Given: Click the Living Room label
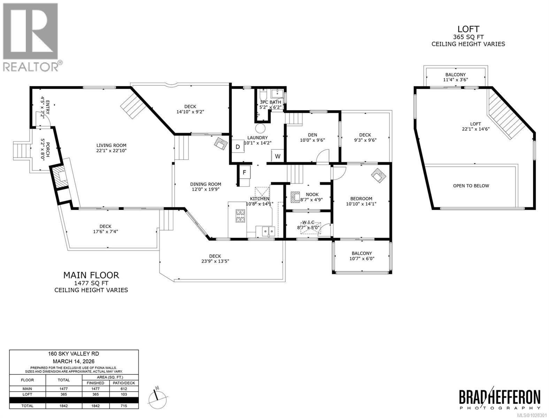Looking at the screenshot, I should [111, 146].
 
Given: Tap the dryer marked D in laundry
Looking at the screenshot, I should [238, 147].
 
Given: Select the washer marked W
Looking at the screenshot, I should [278, 156].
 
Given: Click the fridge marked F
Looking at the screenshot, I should [244, 172].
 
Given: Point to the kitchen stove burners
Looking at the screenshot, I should [241, 216].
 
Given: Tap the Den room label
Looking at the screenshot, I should [312, 135].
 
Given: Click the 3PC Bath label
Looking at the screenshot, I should [270, 102].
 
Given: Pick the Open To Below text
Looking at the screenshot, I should [471, 186].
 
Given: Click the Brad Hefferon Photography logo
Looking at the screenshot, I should [499, 398].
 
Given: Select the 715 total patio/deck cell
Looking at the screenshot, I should [124, 406].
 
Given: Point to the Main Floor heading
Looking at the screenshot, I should [91, 275].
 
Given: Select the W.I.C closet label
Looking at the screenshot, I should [308, 222].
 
